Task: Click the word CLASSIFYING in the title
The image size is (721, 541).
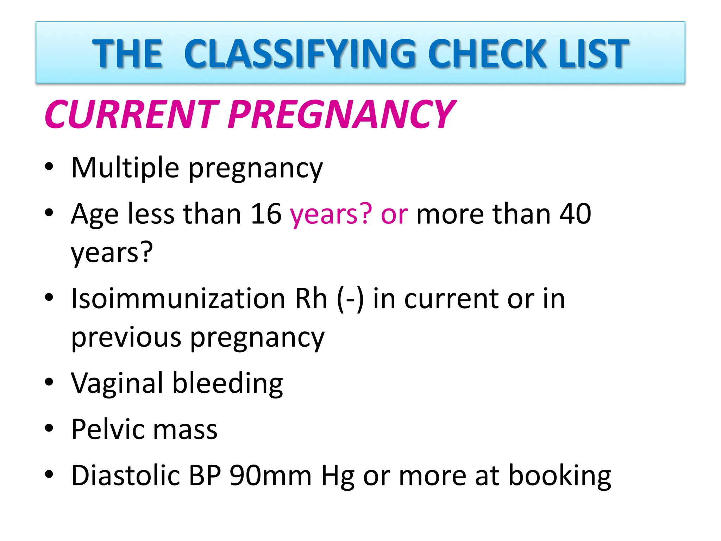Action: coord(299,54)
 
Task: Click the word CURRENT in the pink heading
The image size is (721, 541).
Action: coord(132,114)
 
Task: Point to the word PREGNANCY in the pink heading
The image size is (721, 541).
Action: coord(341,114)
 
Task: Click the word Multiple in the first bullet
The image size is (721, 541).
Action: coord(125,168)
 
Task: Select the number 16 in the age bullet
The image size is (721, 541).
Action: coord(266,214)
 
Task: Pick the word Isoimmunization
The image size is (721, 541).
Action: coord(178,299)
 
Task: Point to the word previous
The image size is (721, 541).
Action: coord(126,337)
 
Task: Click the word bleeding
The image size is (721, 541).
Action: coord(227,383)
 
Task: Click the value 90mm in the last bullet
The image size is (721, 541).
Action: coord(270,475)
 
